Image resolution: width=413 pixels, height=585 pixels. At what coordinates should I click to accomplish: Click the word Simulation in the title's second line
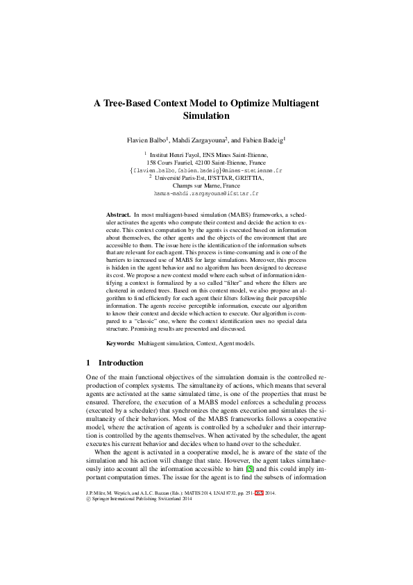(206, 116)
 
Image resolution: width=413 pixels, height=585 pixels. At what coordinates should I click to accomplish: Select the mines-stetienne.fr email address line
(206, 170)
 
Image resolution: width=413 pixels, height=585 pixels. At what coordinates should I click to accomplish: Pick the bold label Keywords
(120, 343)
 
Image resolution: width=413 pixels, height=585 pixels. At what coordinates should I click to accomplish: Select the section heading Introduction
(121, 363)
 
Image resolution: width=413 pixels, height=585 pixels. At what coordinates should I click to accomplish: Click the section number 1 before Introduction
(87, 363)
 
